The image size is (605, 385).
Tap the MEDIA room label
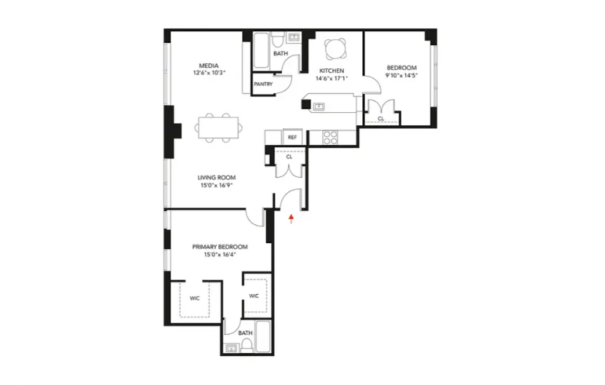210,66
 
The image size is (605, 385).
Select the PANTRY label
263,84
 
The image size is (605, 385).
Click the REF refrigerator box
292,137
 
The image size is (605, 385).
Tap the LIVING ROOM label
217,178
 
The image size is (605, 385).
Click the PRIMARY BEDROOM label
220,247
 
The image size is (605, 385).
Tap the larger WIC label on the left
195,298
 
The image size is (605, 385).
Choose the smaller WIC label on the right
254,295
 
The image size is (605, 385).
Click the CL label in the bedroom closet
380,119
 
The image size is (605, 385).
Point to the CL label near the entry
289,156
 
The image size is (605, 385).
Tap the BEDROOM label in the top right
402,67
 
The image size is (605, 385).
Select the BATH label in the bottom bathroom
246,333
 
